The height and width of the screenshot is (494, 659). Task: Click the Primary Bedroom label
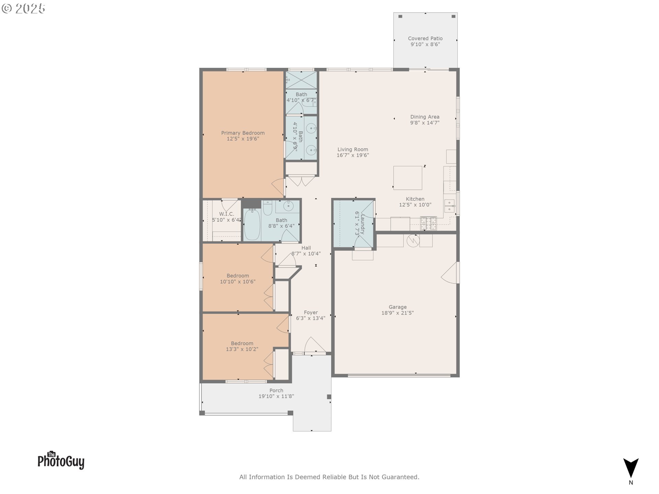tap(243, 133)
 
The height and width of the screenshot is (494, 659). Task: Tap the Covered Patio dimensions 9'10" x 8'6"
tap(425, 45)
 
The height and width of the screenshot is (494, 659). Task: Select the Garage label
tap(397, 307)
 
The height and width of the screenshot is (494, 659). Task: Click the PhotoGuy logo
tap(61, 461)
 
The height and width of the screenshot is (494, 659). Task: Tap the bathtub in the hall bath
tap(252, 224)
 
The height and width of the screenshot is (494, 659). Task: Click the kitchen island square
tap(407, 178)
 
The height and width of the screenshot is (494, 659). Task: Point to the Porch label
tap(276, 390)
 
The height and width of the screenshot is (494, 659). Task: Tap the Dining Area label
tap(425, 117)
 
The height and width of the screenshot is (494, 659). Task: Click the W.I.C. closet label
tap(227, 214)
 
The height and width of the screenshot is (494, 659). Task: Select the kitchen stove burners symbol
tap(428, 223)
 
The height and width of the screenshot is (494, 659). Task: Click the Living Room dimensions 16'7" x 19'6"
tap(352, 155)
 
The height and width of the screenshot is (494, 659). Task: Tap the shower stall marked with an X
tap(301, 80)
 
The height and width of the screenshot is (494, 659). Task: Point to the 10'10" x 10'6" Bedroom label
tap(238, 276)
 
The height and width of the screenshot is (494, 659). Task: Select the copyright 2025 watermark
tap(23, 9)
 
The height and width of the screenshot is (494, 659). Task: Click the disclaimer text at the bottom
tap(329, 477)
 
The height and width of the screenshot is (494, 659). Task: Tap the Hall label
tap(306, 248)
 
